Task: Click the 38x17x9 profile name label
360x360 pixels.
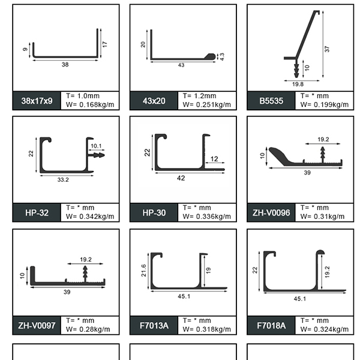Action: click(x=37, y=101)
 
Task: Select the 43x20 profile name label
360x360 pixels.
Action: click(x=154, y=101)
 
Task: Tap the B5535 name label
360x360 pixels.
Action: click(x=271, y=101)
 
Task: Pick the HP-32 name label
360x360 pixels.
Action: click(x=37, y=213)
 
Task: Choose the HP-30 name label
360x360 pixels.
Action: click(x=154, y=213)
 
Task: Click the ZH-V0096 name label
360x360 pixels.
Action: click(x=271, y=213)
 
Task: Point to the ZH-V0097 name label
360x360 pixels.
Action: click(x=37, y=326)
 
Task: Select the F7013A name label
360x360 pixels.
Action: click(x=154, y=326)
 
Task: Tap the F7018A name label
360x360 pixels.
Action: click(x=271, y=326)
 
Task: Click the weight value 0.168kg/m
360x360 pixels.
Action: click(x=97, y=104)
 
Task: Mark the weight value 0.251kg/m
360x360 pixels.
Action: click(x=214, y=104)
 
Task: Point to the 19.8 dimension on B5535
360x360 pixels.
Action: click(x=298, y=84)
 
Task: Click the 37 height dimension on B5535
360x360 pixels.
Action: click(x=327, y=49)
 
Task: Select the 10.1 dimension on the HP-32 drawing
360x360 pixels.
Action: click(x=96, y=146)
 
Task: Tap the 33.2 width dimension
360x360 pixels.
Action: click(x=63, y=180)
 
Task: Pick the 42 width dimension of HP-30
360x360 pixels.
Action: click(x=181, y=178)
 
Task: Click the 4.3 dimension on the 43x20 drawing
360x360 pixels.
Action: click(x=222, y=56)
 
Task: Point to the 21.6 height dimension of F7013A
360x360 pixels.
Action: click(x=144, y=270)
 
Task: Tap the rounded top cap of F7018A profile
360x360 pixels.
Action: click(x=320, y=253)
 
